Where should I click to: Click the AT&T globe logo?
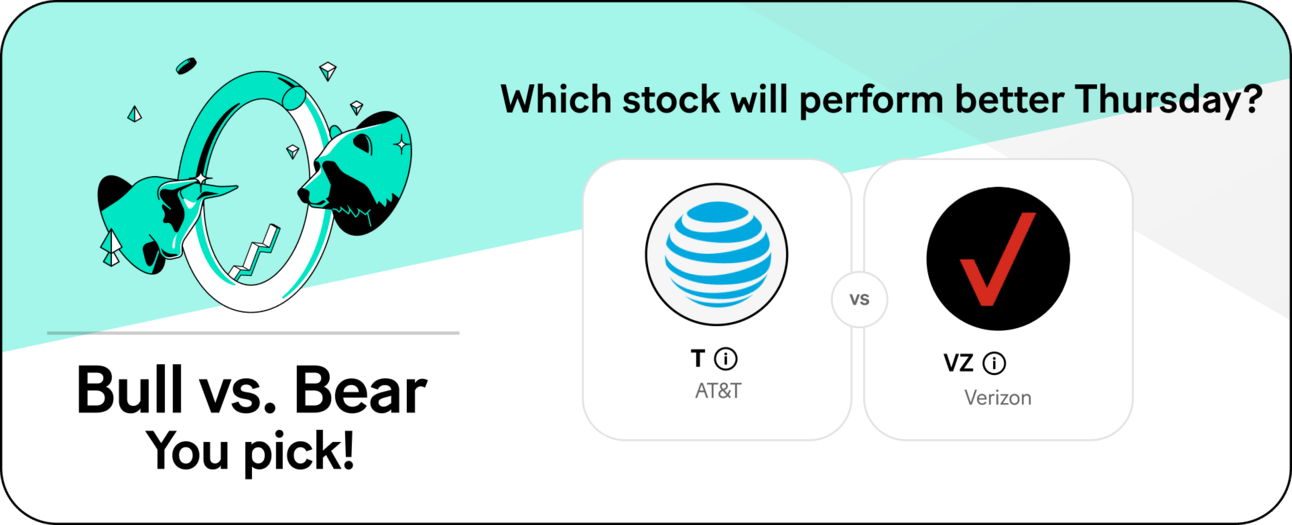[x=717, y=254]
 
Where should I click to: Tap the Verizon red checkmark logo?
[x=998, y=258]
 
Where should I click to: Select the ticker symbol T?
[x=698, y=358]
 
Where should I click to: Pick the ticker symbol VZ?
[x=958, y=363]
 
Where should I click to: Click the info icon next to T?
[x=726, y=359]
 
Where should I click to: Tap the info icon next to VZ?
[x=994, y=363]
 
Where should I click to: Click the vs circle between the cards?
[x=859, y=299]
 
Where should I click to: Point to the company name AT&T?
[x=718, y=391]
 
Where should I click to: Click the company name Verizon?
[x=998, y=398]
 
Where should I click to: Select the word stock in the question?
[x=671, y=99]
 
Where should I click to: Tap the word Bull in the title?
[x=129, y=390]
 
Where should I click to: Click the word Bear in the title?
[x=360, y=390]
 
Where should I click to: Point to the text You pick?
[x=250, y=451]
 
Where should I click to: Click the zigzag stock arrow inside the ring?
[x=254, y=253]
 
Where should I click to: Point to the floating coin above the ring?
[x=186, y=66]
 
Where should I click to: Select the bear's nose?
[x=303, y=194]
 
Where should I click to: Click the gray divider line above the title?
[x=253, y=333]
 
